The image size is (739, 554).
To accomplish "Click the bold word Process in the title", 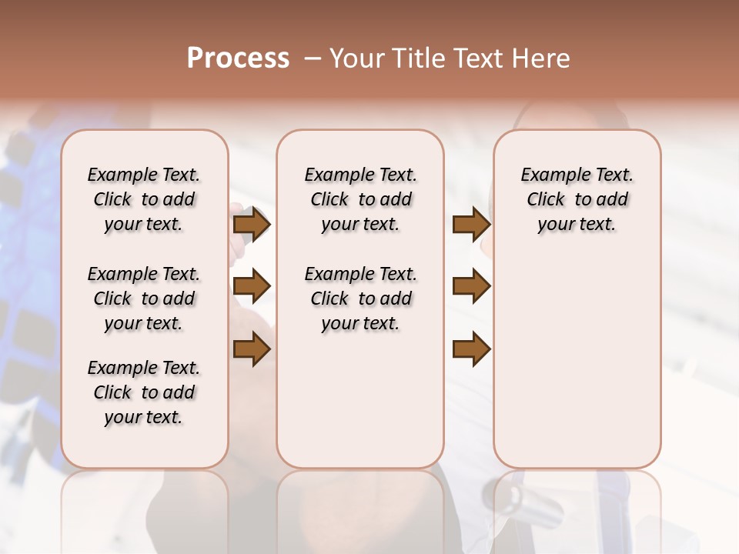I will [x=238, y=58].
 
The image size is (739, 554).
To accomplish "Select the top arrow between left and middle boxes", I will [x=252, y=224].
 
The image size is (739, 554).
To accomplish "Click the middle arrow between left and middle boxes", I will [x=252, y=286].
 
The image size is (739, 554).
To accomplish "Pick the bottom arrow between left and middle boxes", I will [x=252, y=349].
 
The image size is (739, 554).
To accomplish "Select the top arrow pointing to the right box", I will [x=471, y=224].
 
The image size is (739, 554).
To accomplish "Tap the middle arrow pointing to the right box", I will [x=471, y=286].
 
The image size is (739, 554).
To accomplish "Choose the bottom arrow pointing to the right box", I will [x=471, y=349].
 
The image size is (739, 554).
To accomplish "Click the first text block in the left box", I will [x=144, y=199].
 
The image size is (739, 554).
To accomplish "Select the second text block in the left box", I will [x=144, y=299].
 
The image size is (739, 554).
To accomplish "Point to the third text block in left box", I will [x=144, y=392].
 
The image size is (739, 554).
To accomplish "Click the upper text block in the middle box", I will [x=360, y=199].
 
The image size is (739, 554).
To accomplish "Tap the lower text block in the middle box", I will [x=360, y=299].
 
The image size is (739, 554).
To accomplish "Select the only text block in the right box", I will [x=577, y=199].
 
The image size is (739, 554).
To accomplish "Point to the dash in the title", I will [x=313, y=58].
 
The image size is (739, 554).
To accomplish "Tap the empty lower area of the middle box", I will [x=360, y=400].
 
